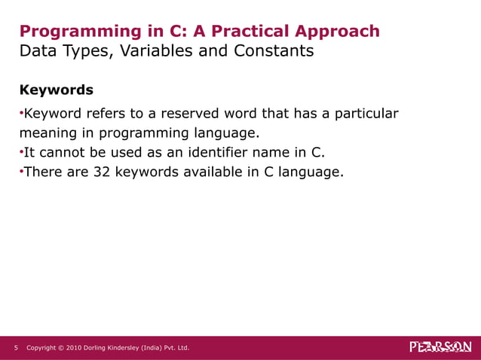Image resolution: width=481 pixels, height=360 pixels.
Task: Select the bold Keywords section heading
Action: pyautogui.click(x=56, y=90)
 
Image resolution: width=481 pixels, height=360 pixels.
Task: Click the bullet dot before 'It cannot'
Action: pyautogui.click(x=21, y=153)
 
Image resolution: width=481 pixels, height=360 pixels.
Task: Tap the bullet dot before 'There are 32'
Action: pyautogui.click(x=21, y=172)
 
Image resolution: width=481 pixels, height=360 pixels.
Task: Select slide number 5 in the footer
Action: pyautogui.click(x=16, y=347)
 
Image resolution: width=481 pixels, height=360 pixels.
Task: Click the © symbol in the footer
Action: pyautogui.click(x=60, y=347)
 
